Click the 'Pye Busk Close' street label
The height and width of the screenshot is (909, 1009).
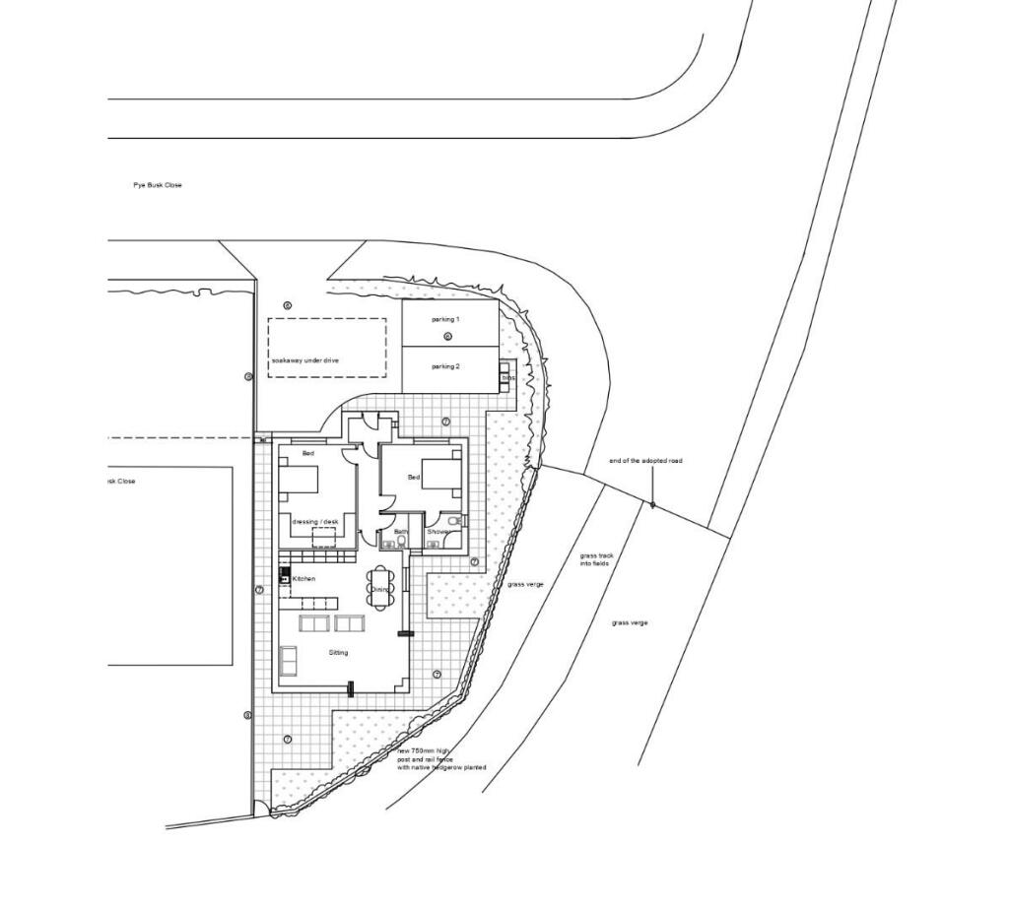(x=158, y=185)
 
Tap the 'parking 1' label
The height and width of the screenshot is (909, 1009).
(x=445, y=320)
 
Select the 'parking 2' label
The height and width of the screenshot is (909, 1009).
(x=445, y=366)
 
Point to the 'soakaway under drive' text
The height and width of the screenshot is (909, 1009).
(x=305, y=361)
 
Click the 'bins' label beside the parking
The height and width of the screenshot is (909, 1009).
(x=508, y=378)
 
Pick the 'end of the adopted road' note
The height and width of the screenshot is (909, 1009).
(x=645, y=461)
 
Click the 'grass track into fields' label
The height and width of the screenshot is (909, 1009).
(x=596, y=559)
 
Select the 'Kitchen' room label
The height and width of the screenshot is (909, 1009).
(x=303, y=579)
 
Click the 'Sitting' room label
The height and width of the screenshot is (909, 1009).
(x=338, y=652)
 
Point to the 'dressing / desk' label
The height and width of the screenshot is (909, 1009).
(x=315, y=521)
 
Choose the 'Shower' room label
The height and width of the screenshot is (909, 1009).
(x=437, y=532)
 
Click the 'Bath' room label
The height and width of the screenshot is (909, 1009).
(x=400, y=532)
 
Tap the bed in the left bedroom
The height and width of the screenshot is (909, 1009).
(x=300, y=479)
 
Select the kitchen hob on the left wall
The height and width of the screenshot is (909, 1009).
(x=285, y=575)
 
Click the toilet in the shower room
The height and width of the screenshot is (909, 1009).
(x=452, y=520)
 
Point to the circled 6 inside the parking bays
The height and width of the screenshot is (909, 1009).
(x=447, y=337)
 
